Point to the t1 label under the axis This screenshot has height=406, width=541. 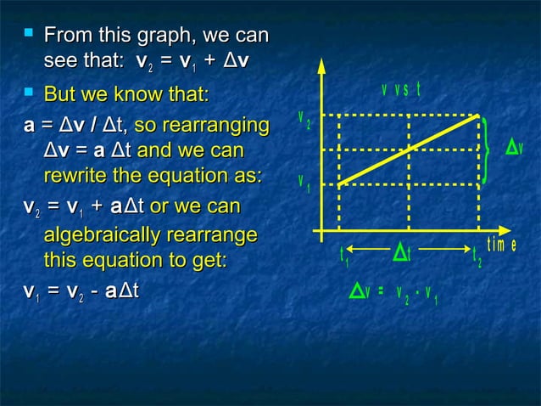pyautogui.click(x=343, y=255)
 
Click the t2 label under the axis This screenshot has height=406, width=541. pyautogui.click(x=477, y=256)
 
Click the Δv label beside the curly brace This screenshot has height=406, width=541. pyautogui.click(x=514, y=148)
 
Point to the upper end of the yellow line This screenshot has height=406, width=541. pyautogui.click(x=478, y=116)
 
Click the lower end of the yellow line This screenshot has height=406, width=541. pyautogui.click(x=339, y=183)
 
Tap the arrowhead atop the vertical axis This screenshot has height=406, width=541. pyautogui.click(x=321, y=66)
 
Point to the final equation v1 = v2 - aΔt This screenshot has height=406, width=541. pyautogui.click(x=81, y=291)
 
